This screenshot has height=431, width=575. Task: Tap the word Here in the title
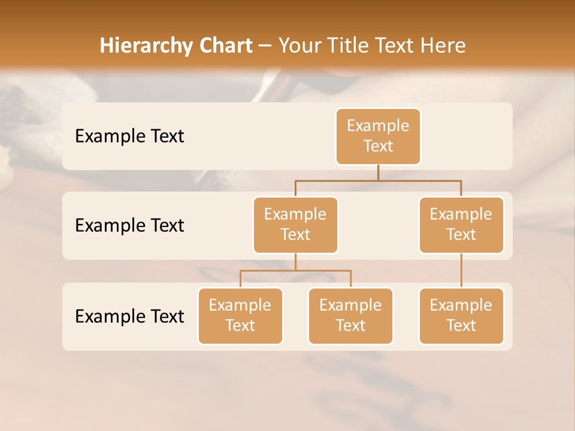(444, 45)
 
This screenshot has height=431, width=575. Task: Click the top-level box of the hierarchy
(378, 136)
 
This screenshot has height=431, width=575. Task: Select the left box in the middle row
(295, 224)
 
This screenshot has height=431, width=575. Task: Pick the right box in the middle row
(461, 224)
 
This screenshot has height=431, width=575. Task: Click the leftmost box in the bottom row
(240, 315)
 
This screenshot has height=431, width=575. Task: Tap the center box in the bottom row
(350, 315)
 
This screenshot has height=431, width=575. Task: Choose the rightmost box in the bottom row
(461, 315)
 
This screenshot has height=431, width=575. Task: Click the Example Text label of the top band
(129, 136)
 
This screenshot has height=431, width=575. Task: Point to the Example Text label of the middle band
(129, 225)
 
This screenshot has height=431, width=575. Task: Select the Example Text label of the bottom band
(129, 316)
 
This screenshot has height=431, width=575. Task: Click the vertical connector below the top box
(378, 172)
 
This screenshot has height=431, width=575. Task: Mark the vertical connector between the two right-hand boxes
(461, 271)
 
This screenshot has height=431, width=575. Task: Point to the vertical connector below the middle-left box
(295, 262)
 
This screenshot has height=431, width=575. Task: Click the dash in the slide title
(265, 46)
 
